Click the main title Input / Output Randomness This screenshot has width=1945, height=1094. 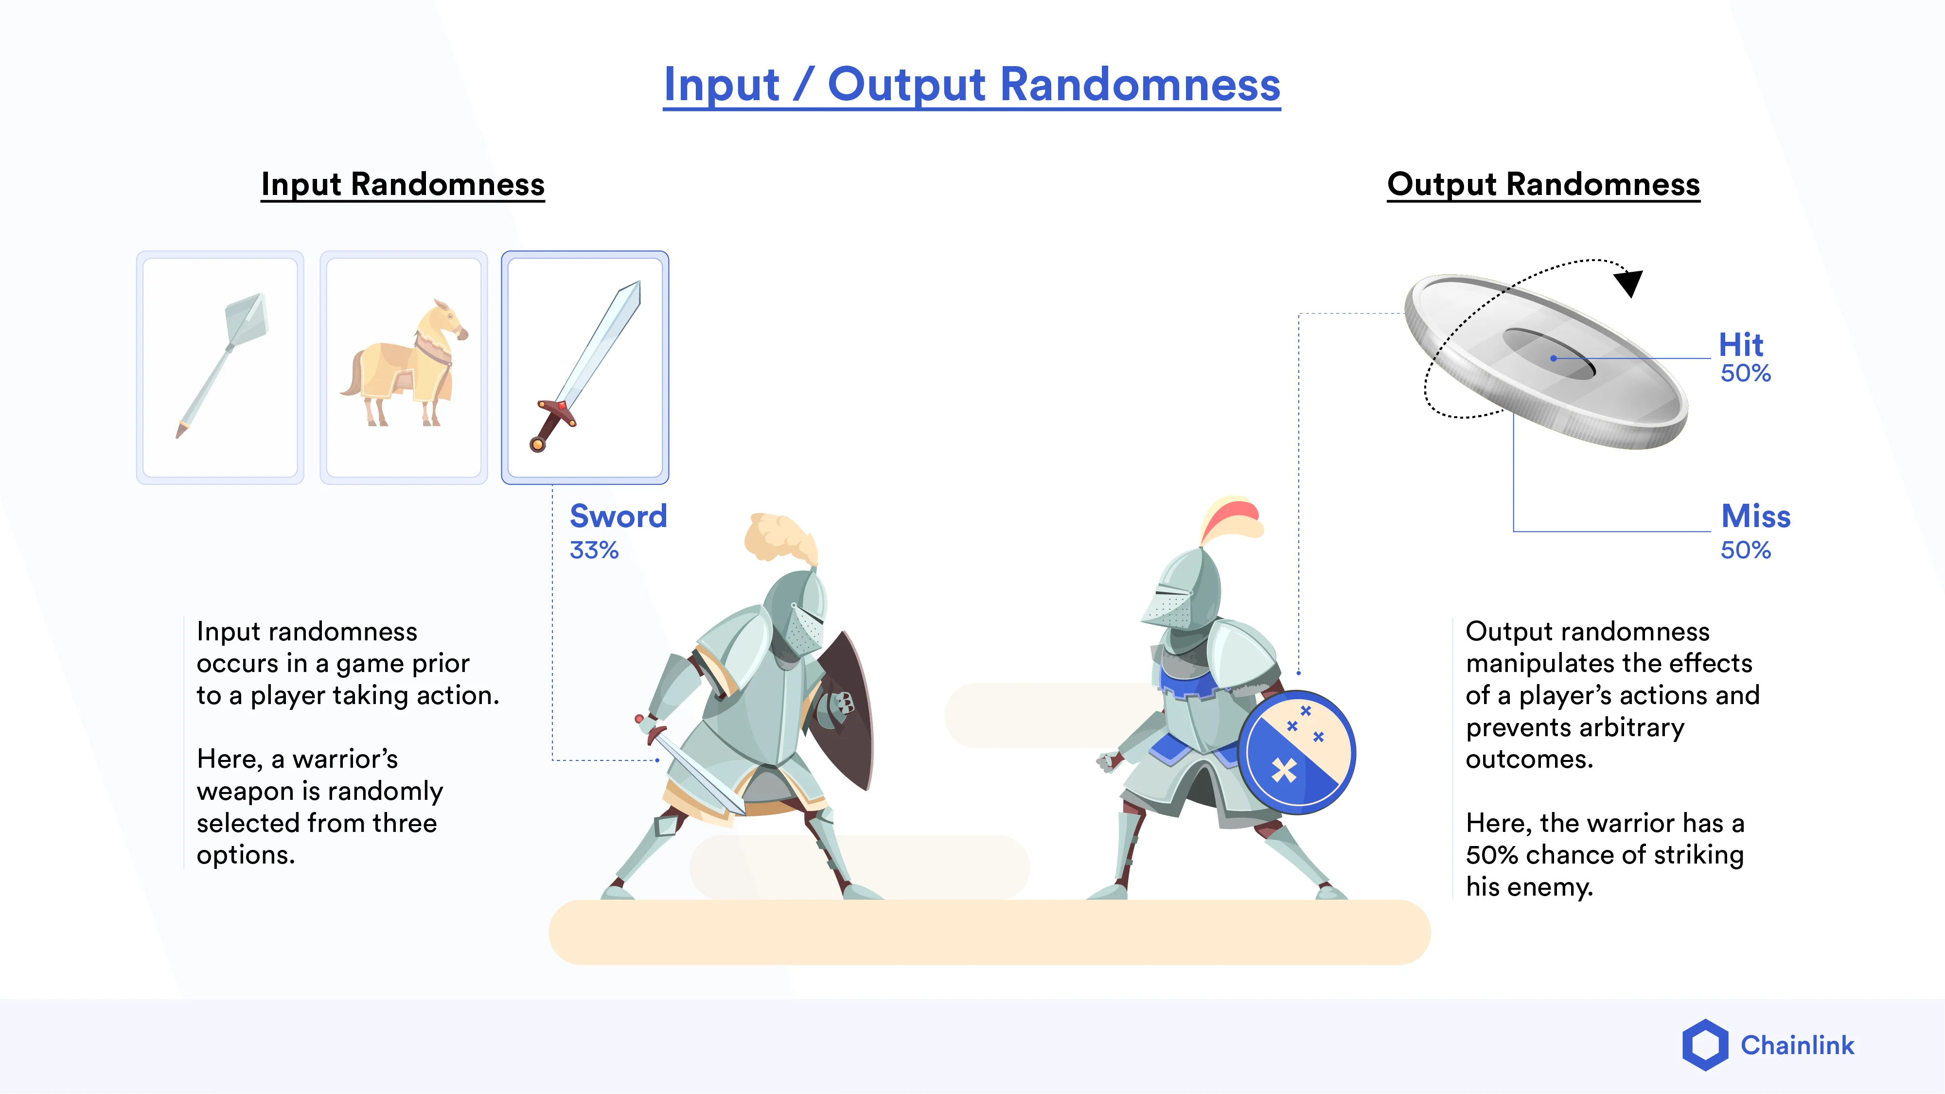pos(972,85)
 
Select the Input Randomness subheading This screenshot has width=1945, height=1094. pos(403,184)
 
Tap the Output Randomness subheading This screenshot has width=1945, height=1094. pos(1543,184)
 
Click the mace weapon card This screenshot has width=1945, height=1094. pos(220,367)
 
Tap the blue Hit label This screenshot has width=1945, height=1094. pos(1740,345)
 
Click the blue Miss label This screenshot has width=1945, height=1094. pos(1755,516)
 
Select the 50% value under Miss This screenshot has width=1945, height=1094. pos(1745,550)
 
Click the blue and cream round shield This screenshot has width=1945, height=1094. pos(1296,752)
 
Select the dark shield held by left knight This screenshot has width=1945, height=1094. pos(846,710)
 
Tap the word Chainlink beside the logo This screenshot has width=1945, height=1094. pos(1797,1046)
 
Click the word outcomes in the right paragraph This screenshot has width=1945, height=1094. pos(1529,759)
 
